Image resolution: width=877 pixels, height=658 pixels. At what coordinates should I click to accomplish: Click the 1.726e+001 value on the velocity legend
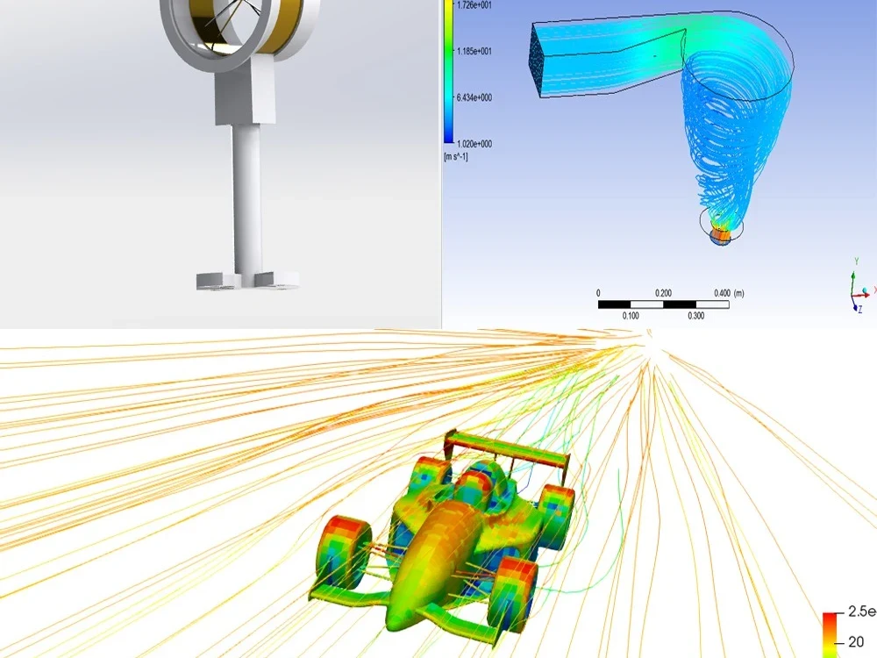coord(472,5)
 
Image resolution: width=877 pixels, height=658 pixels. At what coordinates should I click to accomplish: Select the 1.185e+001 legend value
coord(472,51)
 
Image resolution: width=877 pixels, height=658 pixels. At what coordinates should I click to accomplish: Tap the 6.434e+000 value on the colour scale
coord(472,97)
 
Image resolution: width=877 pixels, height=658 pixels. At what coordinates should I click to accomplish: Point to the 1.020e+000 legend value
coord(472,143)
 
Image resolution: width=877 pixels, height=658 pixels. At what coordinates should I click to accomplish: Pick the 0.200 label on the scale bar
coord(663,293)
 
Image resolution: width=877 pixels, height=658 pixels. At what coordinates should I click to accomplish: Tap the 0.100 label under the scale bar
coord(631,315)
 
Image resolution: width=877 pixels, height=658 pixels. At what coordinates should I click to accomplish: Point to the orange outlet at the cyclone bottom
coord(721,235)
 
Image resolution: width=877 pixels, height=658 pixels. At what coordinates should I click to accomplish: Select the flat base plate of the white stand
coord(246,282)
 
